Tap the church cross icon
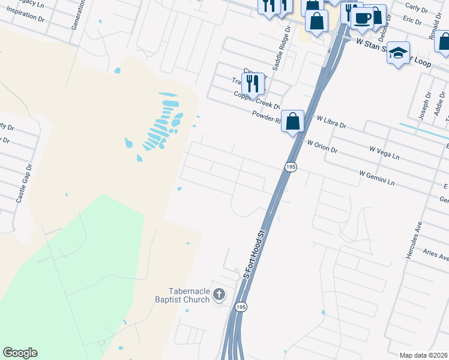point(219,295)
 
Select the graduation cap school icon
point(398,53)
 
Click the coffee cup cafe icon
point(361,18)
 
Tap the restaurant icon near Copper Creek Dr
point(253,83)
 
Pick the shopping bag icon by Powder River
point(292,121)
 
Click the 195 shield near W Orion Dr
point(291,166)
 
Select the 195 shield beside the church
point(241,307)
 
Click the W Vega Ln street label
point(384,152)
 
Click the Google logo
point(20,353)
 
